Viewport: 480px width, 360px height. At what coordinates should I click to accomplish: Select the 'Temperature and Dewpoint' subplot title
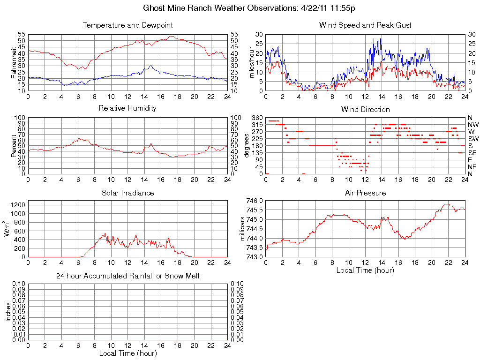pyautogui.click(x=127, y=25)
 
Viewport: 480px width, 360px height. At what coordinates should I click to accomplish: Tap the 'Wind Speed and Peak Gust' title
pyautogui.click(x=365, y=25)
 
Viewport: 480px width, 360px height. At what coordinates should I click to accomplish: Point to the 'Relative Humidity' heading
pyautogui.click(x=127, y=108)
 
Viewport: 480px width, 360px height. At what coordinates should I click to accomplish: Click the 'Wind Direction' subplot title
pyautogui.click(x=365, y=110)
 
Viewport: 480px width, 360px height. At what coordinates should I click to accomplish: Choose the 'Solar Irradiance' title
pyautogui.click(x=127, y=193)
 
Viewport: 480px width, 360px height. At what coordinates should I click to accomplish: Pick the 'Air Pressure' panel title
pyautogui.click(x=365, y=193)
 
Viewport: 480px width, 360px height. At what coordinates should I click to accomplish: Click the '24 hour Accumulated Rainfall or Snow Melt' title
pyautogui.click(x=127, y=276)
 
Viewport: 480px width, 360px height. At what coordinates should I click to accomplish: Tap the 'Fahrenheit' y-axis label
pyautogui.click(x=14, y=63)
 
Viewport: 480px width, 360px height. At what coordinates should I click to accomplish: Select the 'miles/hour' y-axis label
pyautogui.click(x=252, y=63)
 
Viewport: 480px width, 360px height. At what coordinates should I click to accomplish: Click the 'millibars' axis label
pyautogui.click(x=243, y=229)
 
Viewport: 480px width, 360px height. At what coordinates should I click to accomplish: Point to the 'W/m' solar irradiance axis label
pyautogui.click(x=7, y=228)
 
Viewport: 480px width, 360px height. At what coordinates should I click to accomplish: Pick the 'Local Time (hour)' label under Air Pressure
pyautogui.click(x=365, y=270)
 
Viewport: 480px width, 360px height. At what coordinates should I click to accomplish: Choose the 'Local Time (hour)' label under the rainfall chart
pyautogui.click(x=127, y=353)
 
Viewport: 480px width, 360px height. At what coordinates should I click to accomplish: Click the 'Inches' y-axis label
pyautogui.click(x=8, y=311)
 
